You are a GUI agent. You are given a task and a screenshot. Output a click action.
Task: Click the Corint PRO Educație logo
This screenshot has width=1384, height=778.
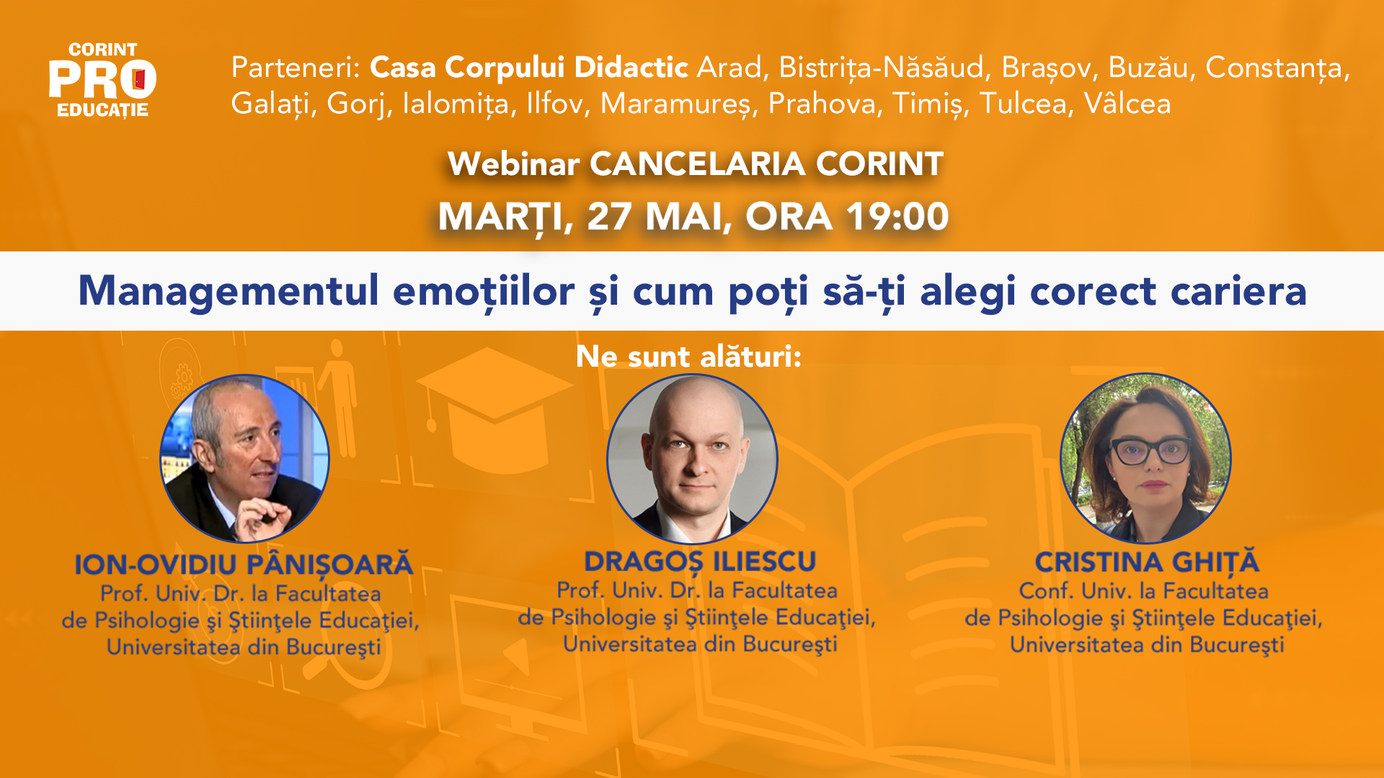point(102,80)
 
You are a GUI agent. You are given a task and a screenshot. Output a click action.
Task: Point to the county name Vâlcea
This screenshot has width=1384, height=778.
point(1127,104)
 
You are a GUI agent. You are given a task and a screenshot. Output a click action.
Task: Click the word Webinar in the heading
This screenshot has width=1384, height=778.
point(513,164)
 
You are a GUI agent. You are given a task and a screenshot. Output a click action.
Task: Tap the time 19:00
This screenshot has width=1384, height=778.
point(897,216)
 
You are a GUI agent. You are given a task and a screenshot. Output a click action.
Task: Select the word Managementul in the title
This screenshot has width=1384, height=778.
point(229,292)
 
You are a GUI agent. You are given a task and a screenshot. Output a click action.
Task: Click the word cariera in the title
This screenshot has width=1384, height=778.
point(1238,291)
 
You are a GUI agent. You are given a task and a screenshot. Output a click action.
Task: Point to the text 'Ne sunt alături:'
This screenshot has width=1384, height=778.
point(688,357)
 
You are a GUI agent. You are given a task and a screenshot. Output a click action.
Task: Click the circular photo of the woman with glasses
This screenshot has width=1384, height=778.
point(1145,457)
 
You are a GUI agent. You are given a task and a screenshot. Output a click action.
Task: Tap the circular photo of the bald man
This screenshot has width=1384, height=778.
point(692,458)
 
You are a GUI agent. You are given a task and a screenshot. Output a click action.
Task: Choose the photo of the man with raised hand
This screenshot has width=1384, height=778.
point(244,458)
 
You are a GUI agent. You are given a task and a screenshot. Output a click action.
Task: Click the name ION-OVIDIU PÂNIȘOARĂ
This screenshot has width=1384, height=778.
point(244,565)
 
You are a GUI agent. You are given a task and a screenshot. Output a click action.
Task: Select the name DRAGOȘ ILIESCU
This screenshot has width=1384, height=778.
point(700,562)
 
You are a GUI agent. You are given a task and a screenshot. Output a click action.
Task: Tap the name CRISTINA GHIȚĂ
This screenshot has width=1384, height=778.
point(1147,562)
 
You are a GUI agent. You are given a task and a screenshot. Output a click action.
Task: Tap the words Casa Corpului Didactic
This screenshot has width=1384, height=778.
point(529,68)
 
